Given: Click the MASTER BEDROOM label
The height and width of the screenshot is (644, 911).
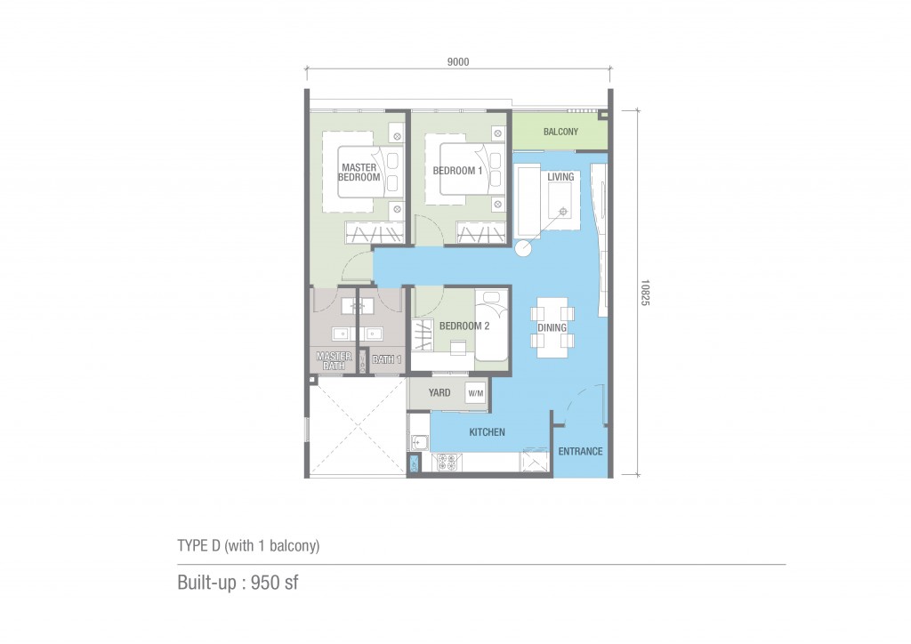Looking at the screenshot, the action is tap(359, 173).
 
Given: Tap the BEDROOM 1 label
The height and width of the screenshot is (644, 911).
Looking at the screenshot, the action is tap(457, 171).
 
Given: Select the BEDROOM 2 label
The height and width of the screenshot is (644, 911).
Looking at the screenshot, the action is tap(464, 326).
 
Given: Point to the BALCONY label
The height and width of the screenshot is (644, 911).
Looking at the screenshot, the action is tap(560, 132).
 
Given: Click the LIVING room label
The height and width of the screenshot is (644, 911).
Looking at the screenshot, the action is tap(560, 176).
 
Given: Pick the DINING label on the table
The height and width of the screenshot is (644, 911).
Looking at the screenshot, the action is tap(552, 327).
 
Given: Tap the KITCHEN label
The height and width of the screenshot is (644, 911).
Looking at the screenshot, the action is tap(487, 432).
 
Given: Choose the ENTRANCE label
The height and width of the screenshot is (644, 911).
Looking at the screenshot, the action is tap(580, 451).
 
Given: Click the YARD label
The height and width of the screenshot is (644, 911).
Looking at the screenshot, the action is tap(439, 392).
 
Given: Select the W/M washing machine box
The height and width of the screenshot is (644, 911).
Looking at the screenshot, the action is tap(476, 393).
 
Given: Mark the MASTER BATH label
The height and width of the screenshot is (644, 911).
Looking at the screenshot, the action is tap(335, 360).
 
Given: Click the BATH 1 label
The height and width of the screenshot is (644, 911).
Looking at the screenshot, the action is tap(386, 359).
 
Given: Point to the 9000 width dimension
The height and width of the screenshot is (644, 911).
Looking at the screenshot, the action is tap(458, 62).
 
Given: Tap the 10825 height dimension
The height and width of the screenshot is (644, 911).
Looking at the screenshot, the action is tap(645, 293).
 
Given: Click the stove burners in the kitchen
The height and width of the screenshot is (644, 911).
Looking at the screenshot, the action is tap(447, 463).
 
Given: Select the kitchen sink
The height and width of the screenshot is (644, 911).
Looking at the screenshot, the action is tap(419, 442).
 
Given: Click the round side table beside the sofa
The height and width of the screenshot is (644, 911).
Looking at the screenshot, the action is tap(523, 248).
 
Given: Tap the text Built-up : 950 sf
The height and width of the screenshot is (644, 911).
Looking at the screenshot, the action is tap(238, 583).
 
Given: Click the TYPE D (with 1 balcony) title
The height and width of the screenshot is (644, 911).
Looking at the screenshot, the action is tap(249, 545).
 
